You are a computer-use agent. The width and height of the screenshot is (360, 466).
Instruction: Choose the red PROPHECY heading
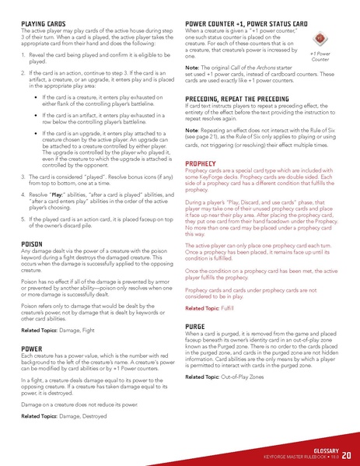point(201,163)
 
